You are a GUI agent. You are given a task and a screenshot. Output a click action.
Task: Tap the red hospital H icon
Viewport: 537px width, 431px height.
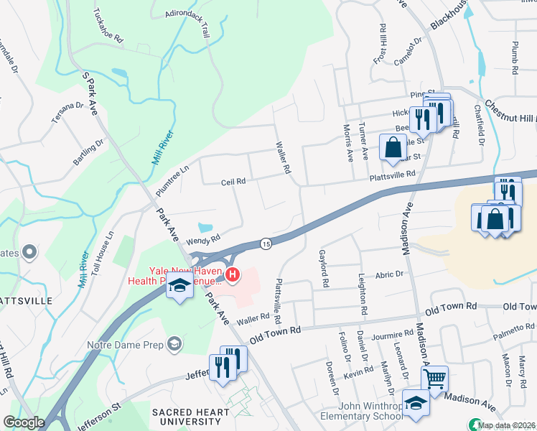tap(233, 274)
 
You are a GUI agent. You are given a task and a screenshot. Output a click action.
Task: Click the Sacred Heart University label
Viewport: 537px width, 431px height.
tap(190, 412)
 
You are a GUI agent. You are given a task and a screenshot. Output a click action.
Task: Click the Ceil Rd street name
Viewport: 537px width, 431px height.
tap(233, 182)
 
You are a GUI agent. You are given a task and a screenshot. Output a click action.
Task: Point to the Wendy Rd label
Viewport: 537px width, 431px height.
tap(202, 238)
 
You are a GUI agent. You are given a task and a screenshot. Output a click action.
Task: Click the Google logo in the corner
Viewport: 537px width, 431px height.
tap(24, 422)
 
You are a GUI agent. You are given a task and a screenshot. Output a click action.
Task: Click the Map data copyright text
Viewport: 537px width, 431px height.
tap(506, 425)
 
